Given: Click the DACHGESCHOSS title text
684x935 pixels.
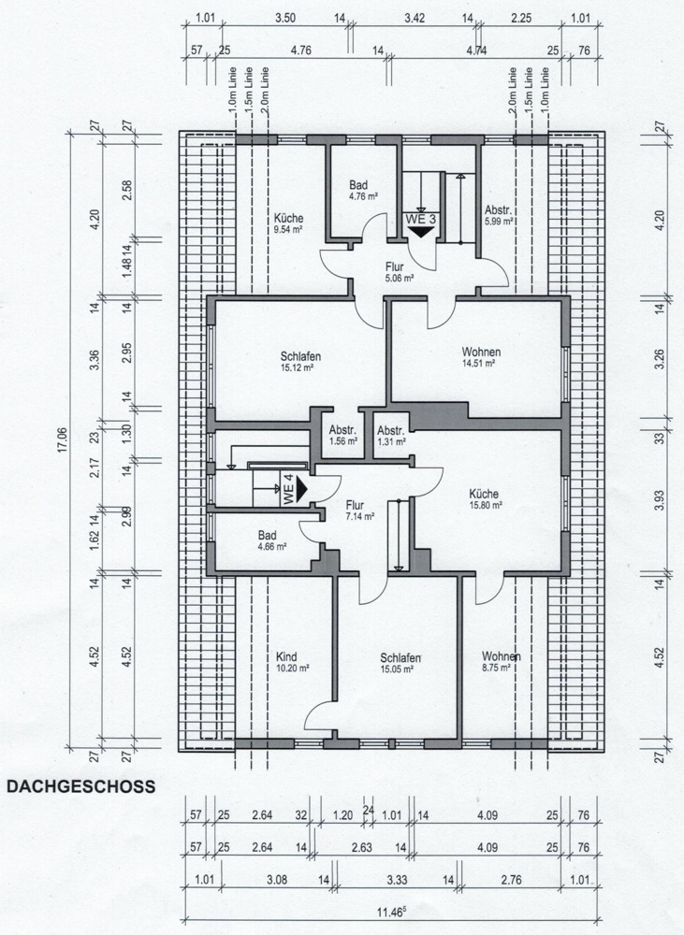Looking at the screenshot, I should pos(80,787).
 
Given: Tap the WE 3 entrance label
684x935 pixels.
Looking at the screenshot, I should pos(419,219).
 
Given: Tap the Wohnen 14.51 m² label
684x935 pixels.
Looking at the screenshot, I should pos(481,357).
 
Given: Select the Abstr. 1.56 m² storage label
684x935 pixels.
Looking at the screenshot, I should pos(342,436).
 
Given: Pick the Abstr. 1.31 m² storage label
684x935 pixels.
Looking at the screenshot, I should pos(390,436).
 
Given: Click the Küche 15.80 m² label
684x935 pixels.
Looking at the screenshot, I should pos(485,499).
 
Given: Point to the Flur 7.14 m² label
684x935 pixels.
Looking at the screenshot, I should pos(359,510).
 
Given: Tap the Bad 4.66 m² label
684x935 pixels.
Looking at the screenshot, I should pos(271,540).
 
